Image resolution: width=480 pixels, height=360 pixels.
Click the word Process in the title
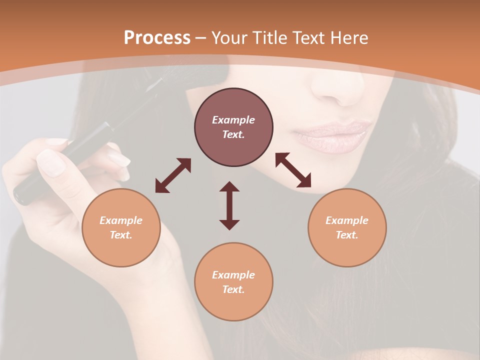click(x=157, y=37)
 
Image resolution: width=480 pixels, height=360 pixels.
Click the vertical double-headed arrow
click(x=229, y=205)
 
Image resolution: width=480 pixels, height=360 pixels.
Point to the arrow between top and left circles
click(x=173, y=175)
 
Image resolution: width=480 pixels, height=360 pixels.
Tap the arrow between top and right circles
click(x=293, y=170)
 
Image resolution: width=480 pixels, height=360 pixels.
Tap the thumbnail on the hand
click(x=51, y=162)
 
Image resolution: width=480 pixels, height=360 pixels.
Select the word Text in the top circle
click(x=233, y=134)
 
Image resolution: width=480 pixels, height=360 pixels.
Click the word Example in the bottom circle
click(x=233, y=275)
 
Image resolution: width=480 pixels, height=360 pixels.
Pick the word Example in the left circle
click(x=121, y=220)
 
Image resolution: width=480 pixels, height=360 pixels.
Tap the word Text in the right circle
click(x=347, y=235)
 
